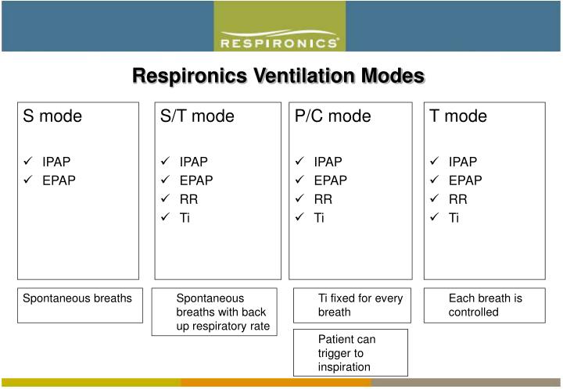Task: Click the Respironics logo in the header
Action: click(x=280, y=41)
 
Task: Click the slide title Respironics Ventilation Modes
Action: click(x=278, y=76)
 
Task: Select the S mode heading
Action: click(x=52, y=117)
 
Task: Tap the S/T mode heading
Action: click(x=197, y=117)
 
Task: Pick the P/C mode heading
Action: click(x=333, y=117)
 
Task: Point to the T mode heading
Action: click(x=458, y=117)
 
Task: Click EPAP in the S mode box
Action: click(x=59, y=180)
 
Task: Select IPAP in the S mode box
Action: click(x=56, y=162)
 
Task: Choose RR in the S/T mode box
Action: click(x=188, y=199)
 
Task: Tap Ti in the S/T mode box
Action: click(x=185, y=218)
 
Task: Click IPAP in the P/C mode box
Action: click(x=328, y=162)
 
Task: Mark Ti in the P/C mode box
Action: click(x=319, y=218)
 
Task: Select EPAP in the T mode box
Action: click(x=465, y=180)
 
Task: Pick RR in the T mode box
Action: click(x=457, y=199)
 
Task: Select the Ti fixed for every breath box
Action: click(x=350, y=305)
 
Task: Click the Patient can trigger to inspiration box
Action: click(x=350, y=353)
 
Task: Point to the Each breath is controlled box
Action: click(x=485, y=305)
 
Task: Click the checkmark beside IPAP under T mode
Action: click(x=434, y=162)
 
